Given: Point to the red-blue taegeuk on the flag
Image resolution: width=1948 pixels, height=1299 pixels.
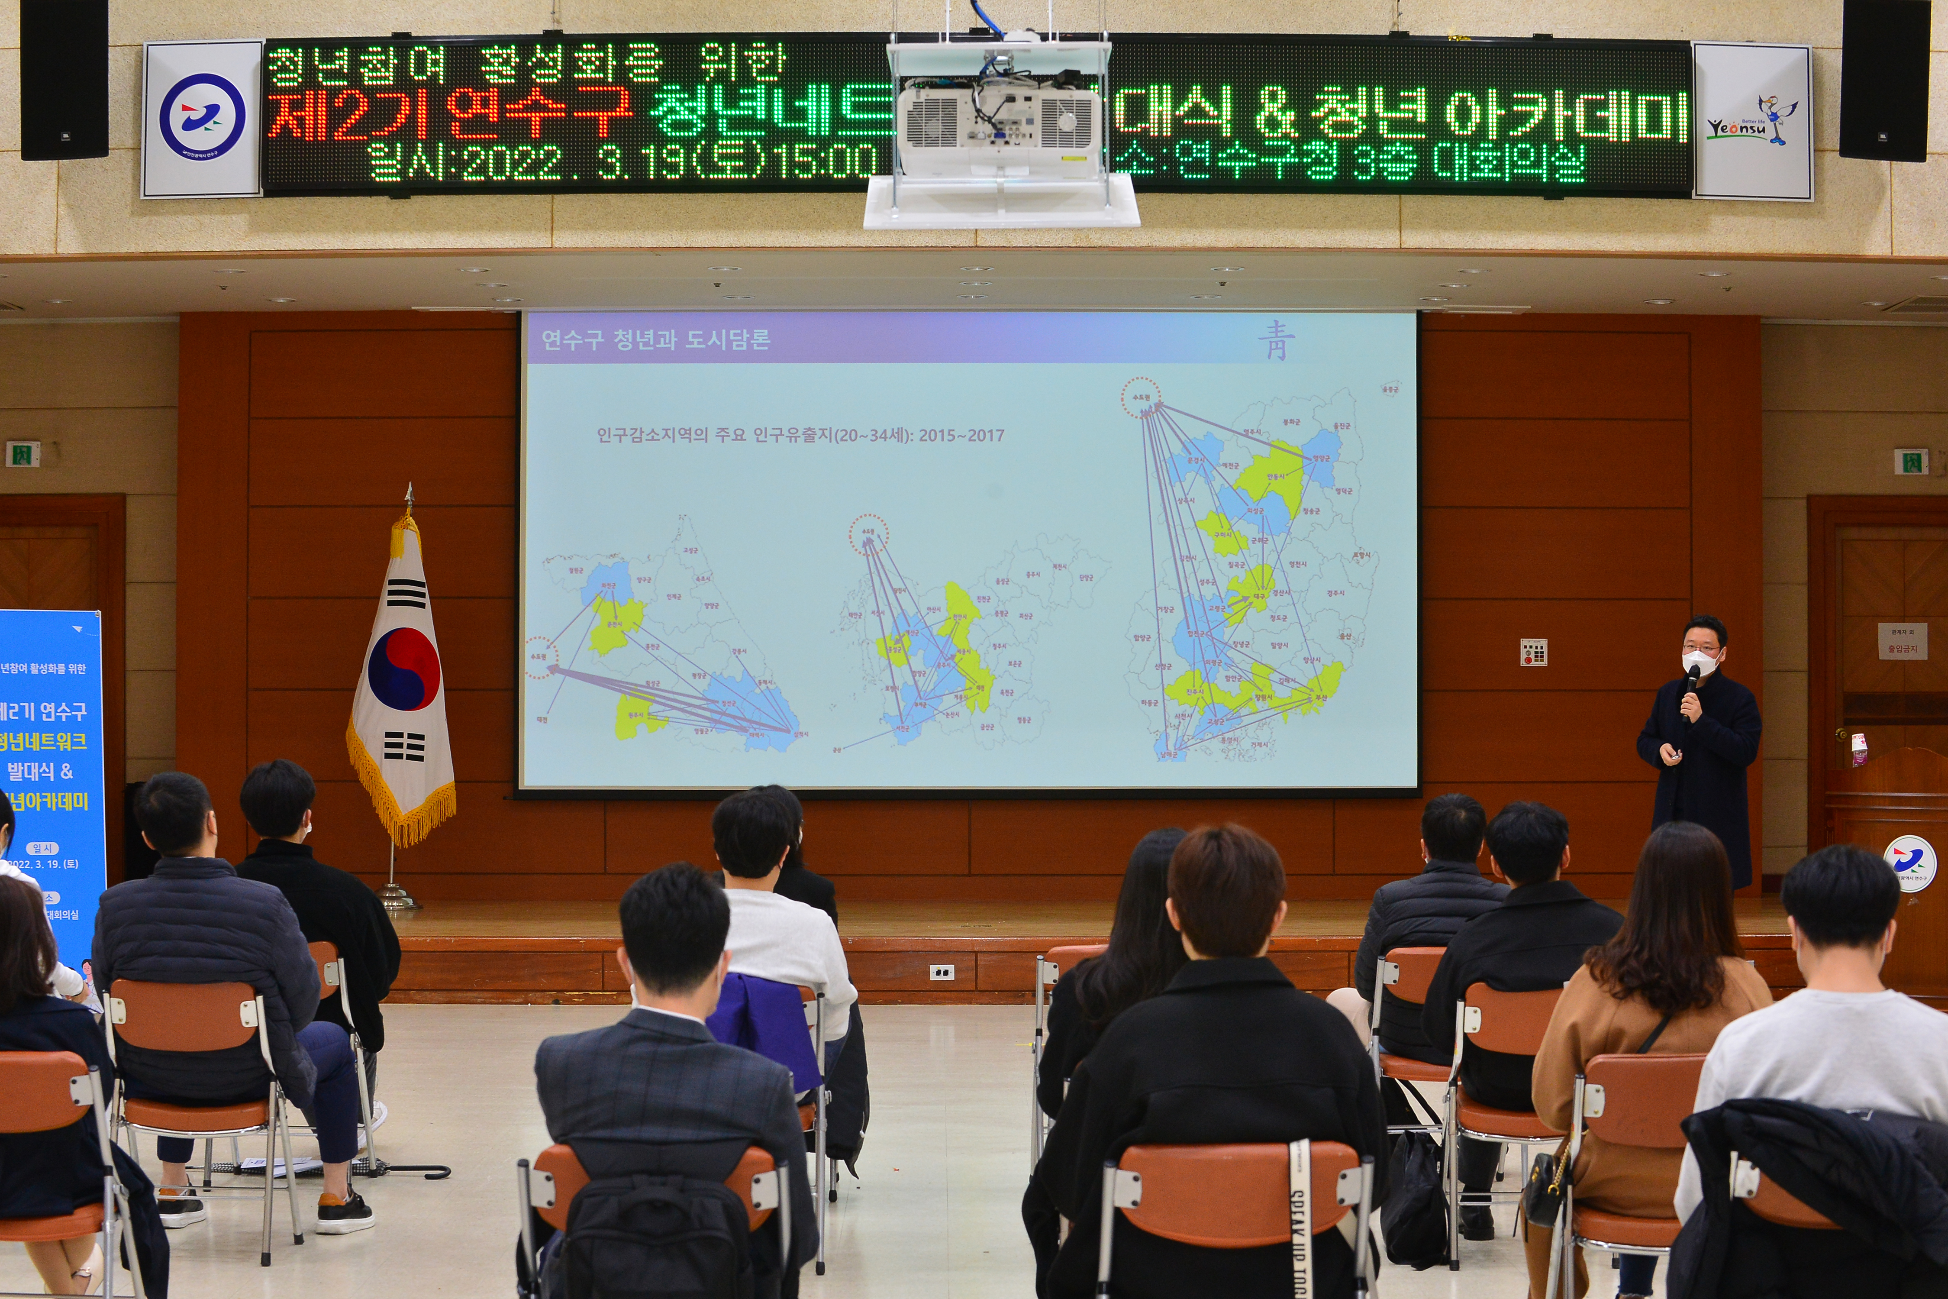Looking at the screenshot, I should [x=403, y=668].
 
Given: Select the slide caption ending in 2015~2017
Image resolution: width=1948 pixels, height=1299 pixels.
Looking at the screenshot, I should [x=800, y=435].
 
